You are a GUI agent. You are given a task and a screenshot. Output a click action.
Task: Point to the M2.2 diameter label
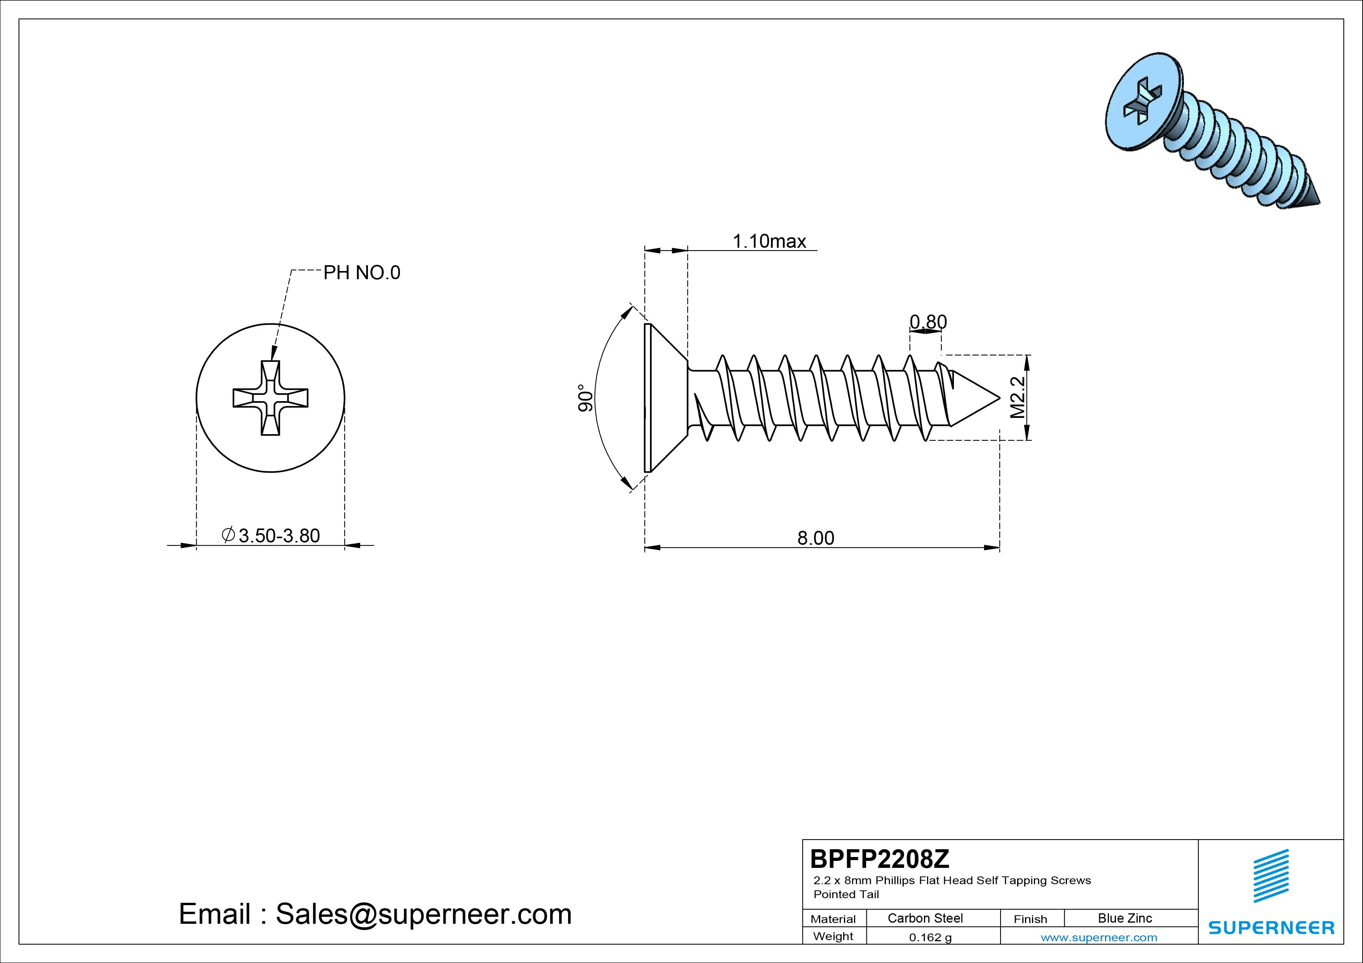click(1018, 397)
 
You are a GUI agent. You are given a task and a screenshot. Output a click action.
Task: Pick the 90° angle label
click(585, 398)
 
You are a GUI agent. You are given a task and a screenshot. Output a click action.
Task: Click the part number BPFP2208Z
click(880, 859)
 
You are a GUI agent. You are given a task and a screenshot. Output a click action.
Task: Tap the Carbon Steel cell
click(925, 918)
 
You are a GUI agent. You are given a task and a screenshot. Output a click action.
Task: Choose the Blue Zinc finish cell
click(1125, 918)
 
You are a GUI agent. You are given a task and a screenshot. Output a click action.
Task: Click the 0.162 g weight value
click(930, 937)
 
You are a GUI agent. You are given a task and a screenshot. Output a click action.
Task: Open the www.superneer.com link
click(1099, 937)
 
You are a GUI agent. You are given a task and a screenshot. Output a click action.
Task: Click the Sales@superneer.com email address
click(423, 914)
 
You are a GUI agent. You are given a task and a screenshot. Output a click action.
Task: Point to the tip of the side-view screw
click(1000, 398)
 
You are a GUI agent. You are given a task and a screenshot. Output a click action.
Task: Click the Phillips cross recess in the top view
click(271, 398)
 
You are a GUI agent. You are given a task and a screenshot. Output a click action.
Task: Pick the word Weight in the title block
click(833, 936)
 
